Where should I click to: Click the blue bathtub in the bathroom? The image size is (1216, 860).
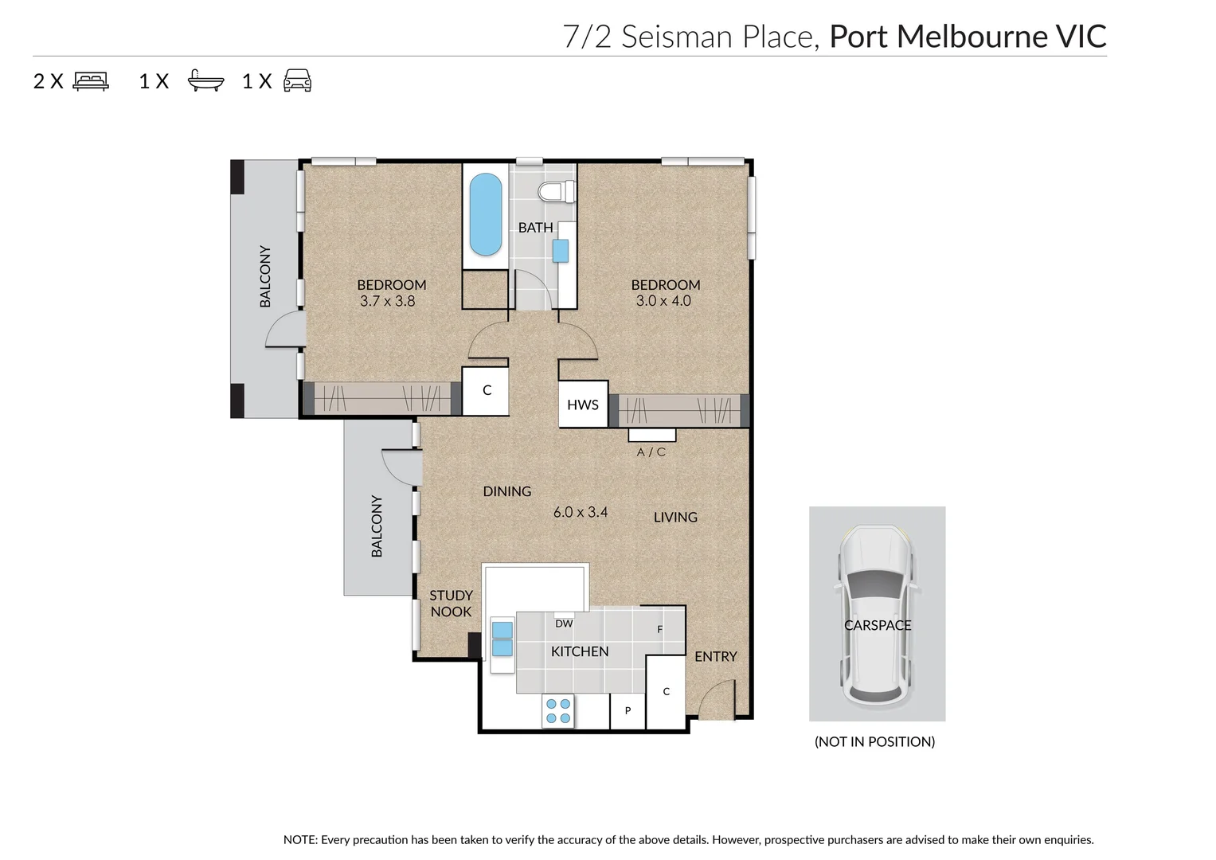(485, 214)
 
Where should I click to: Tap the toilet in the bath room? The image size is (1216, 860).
(557, 192)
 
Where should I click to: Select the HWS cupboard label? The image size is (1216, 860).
(582, 405)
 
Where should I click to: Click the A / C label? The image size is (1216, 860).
(651, 451)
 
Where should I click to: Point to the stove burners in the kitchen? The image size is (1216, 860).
(558, 710)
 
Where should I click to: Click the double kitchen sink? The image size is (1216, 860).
(502, 639)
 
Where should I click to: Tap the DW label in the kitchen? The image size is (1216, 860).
(564, 623)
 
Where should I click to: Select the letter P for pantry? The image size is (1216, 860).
(628, 710)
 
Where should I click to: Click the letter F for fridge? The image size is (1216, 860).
(660, 629)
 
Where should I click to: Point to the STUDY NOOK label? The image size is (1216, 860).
(451, 604)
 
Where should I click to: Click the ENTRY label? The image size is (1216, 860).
(715, 656)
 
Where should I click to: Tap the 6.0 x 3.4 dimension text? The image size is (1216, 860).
(581, 512)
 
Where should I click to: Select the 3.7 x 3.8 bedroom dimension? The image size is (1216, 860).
(388, 301)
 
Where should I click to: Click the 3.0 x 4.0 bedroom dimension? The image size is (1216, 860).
(663, 301)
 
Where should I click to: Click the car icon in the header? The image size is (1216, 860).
(298, 80)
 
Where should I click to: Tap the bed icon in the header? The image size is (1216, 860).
(92, 81)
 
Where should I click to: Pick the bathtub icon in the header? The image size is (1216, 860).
(205, 80)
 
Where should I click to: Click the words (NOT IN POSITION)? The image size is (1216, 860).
(874, 741)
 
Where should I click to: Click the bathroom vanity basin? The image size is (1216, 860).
(561, 251)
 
